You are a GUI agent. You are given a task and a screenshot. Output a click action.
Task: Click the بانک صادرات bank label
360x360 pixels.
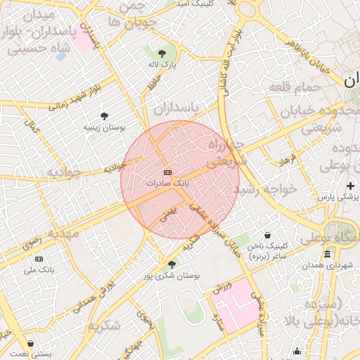point(167,183)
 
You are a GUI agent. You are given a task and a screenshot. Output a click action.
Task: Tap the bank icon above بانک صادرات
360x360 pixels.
point(167,172)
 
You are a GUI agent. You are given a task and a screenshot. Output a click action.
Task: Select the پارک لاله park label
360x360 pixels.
point(162,64)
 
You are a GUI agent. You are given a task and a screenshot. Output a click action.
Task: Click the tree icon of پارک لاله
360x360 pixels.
point(162,53)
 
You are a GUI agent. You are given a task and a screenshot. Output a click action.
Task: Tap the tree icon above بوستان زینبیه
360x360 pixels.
point(105,116)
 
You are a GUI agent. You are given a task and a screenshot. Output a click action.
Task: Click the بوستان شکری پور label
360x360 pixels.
point(172,276)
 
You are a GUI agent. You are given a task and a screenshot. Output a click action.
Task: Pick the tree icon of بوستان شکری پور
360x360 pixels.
point(172,264)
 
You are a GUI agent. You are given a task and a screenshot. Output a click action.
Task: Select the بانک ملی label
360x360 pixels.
point(39,270)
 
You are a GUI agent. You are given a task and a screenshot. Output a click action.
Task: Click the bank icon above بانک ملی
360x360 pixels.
point(39,259)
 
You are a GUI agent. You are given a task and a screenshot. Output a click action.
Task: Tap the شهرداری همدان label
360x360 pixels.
point(328,265)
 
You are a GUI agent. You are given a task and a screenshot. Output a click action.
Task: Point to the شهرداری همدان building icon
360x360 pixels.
point(328,254)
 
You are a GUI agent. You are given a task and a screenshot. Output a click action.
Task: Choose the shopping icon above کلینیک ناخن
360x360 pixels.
point(267,236)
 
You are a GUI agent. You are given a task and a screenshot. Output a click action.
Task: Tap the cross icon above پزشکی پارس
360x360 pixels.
point(350,186)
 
